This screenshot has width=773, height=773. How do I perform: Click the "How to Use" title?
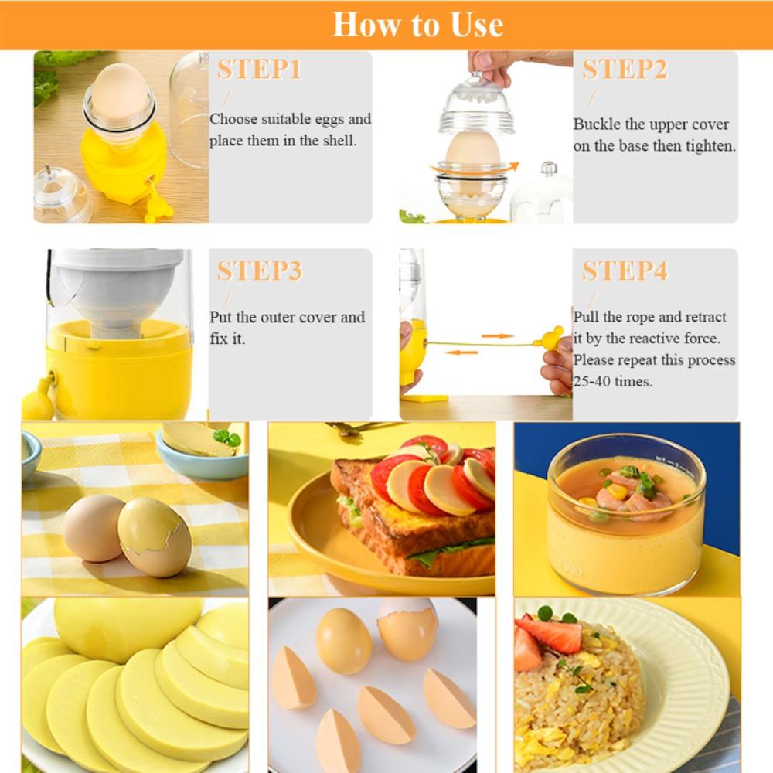click(418, 25)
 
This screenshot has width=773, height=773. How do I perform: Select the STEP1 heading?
click(259, 70)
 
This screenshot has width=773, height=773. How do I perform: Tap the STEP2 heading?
click(625, 70)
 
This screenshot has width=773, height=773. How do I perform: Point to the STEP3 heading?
click(259, 271)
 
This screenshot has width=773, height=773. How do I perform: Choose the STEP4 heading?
click(625, 271)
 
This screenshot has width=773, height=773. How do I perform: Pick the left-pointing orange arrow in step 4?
click(461, 352)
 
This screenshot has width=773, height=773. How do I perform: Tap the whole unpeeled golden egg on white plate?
click(343, 641)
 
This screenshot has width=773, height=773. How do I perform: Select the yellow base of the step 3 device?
click(116, 371)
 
